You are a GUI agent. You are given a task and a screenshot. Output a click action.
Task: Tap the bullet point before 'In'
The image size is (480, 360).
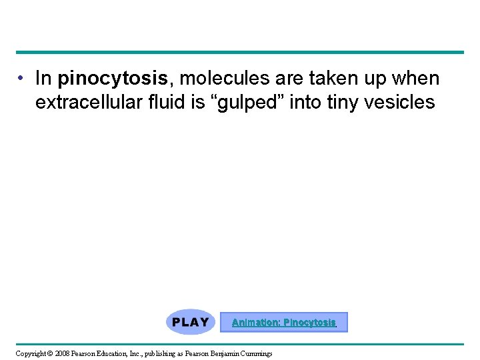22,79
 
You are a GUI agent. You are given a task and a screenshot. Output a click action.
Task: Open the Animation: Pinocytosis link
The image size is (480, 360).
283,323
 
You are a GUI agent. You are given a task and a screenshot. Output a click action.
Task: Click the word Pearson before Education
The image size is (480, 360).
85,353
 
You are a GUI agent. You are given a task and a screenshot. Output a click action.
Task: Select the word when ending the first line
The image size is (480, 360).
415,79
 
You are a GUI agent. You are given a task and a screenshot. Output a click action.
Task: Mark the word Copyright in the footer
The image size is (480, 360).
29,353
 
